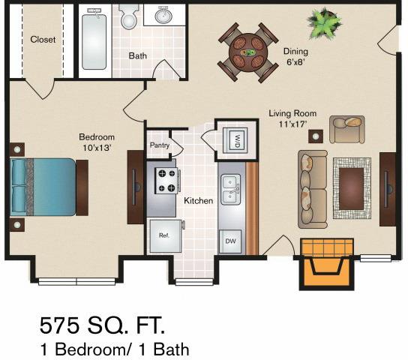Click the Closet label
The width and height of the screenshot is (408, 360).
tap(43, 40)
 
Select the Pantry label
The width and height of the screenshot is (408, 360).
tap(158, 145)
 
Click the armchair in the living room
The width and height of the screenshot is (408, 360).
tap(346, 129)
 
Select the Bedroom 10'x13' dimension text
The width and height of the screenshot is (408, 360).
tap(97, 142)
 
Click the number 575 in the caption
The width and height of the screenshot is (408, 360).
tap(64, 326)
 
